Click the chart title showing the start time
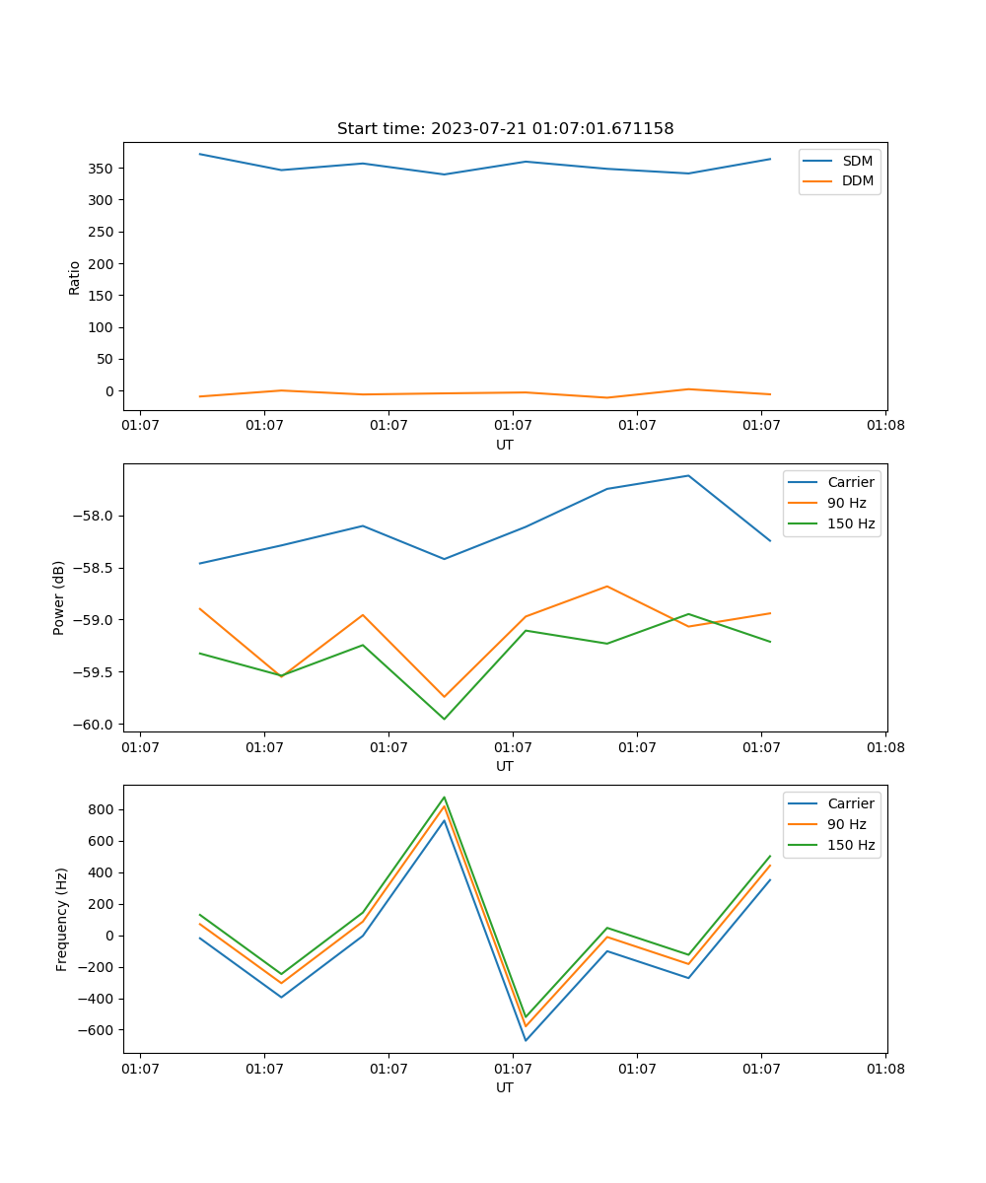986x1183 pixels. pos(505,129)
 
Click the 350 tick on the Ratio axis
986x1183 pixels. pos(102,169)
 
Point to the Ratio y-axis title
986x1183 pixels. pos(75,277)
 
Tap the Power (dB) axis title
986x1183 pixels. pos(59,597)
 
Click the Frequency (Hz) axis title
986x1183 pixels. pos(61,919)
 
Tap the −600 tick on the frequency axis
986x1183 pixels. pos(97,1030)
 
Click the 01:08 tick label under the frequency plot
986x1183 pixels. pos(884,1069)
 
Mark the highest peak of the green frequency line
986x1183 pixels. pos(444,797)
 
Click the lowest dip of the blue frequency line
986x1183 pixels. pos(526,1040)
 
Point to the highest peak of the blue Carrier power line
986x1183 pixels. pos(688,475)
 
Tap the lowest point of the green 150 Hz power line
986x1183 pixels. pos(444,719)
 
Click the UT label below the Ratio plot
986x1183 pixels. pos(505,445)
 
